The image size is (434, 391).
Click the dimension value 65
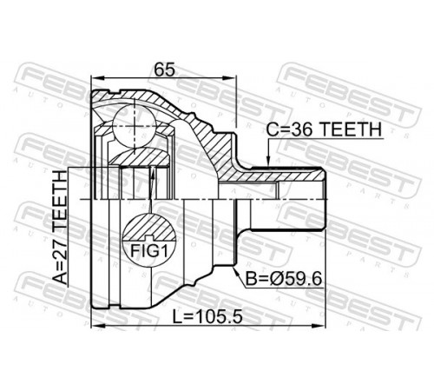[164, 70]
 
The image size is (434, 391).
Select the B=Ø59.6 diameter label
[284, 280]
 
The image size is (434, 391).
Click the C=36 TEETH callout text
[324, 129]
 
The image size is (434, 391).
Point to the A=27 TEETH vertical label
[60, 227]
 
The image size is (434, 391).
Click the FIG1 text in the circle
[149, 250]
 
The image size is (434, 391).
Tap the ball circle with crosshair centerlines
[135, 126]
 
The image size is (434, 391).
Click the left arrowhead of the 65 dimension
[96, 77]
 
